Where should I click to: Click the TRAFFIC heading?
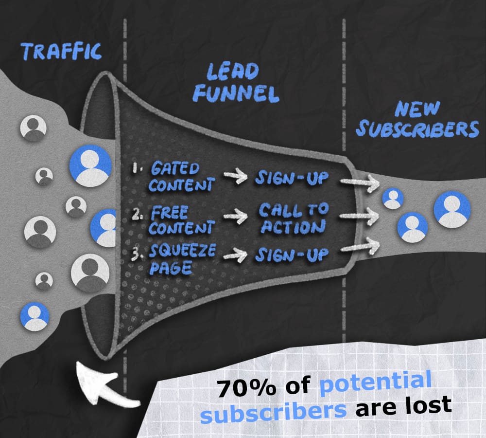click(x=61, y=51)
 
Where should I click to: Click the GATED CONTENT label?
click(x=181, y=177)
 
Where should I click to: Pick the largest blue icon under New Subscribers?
click(x=452, y=209)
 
